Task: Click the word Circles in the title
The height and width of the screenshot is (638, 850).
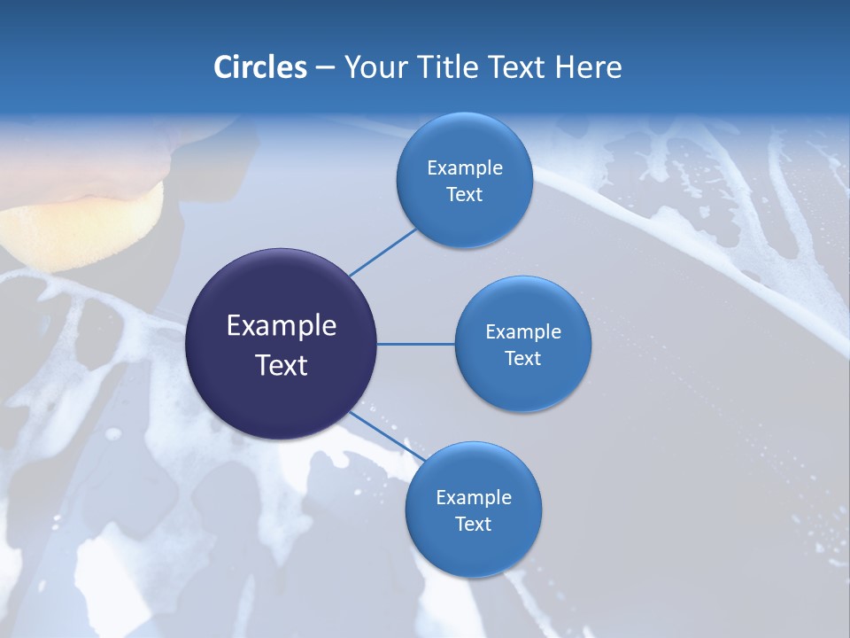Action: (x=260, y=67)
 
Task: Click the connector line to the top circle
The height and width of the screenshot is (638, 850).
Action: (x=382, y=252)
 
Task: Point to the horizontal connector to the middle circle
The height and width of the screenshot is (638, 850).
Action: (x=416, y=344)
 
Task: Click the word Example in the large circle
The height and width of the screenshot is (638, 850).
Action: (x=281, y=326)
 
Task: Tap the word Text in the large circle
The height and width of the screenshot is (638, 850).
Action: (x=281, y=365)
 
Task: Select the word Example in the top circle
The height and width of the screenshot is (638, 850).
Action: (x=464, y=168)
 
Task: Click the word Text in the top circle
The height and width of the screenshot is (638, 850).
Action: (x=464, y=195)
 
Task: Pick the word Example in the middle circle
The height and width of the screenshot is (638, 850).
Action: (x=522, y=332)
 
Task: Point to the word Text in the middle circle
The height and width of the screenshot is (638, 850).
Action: (x=522, y=359)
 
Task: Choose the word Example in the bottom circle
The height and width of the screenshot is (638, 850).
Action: (x=473, y=498)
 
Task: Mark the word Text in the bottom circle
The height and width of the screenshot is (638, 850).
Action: (x=473, y=525)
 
